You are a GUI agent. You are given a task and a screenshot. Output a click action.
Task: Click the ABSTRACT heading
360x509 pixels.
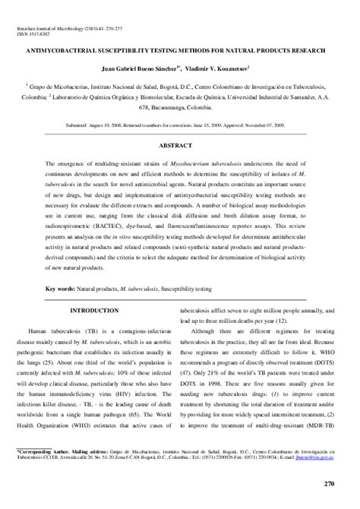(180, 144)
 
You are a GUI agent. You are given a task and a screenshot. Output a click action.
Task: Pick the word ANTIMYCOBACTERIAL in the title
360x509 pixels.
(74, 51)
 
